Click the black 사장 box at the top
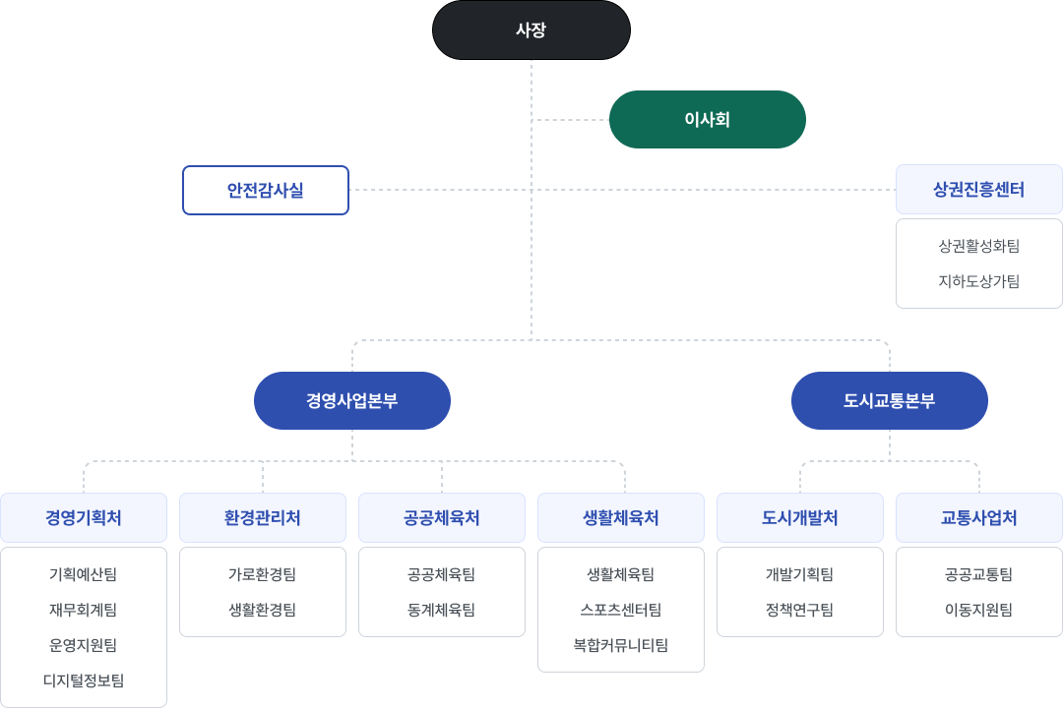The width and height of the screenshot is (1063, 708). pos(531,30)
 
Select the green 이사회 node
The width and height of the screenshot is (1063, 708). pos(708,120)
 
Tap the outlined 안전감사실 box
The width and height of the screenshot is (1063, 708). pos(266,190)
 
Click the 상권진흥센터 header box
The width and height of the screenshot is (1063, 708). pos(978,190)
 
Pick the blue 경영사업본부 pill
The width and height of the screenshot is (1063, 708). pos(352,400)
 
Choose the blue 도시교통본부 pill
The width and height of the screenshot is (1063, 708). pos(890,400)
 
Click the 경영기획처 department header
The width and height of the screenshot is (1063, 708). pos(84,517)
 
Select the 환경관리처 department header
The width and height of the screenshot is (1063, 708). pos(263,517)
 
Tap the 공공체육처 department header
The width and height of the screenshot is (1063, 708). pos(442,517)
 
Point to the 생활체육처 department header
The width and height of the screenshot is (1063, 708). pos(621,517)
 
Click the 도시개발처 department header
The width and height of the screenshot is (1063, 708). pos(800,517)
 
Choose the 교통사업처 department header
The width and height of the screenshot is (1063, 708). pos(978,517)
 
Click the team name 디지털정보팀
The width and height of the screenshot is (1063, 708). pos(84,680)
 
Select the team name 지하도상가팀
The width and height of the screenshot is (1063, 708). pos(978,281)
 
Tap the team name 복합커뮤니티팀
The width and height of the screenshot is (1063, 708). pos(621,645)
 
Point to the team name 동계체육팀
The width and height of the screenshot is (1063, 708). pos(442,610)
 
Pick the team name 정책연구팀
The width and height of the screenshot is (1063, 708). pos(800,610)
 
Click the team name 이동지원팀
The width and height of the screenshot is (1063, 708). pos(978,610)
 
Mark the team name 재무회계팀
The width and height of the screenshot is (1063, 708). pos(84,610)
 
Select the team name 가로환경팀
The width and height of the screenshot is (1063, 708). pos(263,574)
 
